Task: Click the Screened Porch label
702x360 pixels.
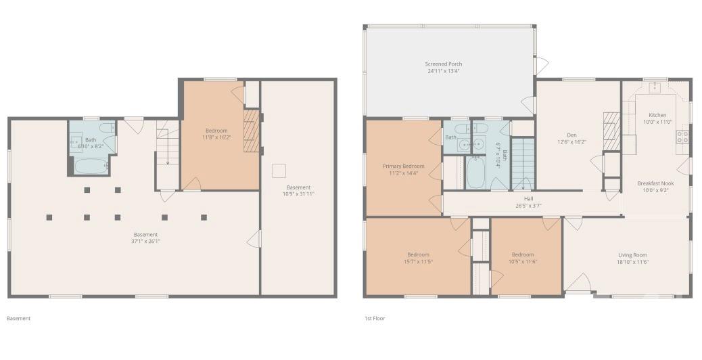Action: tap(443, 64)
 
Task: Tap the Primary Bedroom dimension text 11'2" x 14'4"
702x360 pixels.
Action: tap(403, 173)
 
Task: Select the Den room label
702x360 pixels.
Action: tap(571, 135)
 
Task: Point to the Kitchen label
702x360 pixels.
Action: tap(657, 115)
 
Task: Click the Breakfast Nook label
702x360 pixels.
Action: tap(655, 183)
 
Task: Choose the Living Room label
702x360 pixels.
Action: tap(632, 255)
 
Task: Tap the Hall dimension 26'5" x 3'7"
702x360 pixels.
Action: tap(528, 206)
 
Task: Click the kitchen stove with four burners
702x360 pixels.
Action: tap(682, 137)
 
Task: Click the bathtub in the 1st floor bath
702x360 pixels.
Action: tap(476, 173)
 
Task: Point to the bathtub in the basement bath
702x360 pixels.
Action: tap(90, 166)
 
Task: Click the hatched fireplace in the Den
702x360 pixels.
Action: tap(611, 131)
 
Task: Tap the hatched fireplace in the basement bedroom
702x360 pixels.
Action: tap(251, 131)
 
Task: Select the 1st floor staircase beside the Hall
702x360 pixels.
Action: tap(523, 164)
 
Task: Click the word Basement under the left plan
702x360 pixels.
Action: tap(18, 318)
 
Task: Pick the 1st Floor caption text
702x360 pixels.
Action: tap(375, 318)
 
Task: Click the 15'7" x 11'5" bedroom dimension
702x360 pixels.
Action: tap(418, 261)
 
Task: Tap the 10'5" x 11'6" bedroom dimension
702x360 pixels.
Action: tap(523, 261)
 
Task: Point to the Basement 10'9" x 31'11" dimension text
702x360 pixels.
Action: tap(298, 194)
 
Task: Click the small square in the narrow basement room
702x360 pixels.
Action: tap(279, 171)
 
